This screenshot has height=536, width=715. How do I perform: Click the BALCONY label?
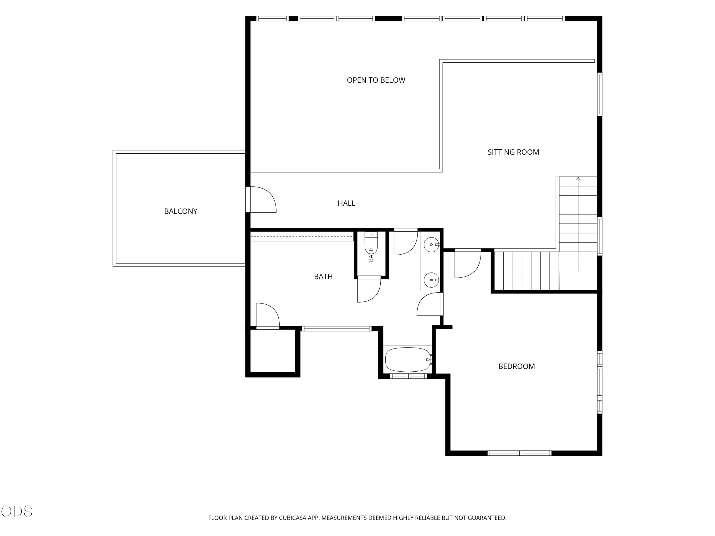point(181,211)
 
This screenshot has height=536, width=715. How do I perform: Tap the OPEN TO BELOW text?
point(376,80)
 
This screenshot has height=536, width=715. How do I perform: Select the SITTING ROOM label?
point(513,152)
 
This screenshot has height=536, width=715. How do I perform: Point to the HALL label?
point(347,203)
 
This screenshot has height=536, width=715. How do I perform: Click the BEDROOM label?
point(516,366)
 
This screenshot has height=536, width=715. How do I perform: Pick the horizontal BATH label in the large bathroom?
point(323,277)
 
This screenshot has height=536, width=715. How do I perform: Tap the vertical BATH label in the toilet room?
point(371,255)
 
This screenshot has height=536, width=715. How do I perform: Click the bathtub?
point(408,359)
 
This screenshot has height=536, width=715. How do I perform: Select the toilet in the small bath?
point(371,242)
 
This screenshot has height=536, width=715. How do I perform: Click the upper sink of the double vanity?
point(432,245)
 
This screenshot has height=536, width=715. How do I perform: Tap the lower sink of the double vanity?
point(432,280)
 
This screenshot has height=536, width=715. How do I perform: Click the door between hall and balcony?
point(261,199)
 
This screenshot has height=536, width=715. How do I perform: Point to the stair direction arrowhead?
point(578,179)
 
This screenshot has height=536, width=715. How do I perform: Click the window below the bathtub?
point(408,376)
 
